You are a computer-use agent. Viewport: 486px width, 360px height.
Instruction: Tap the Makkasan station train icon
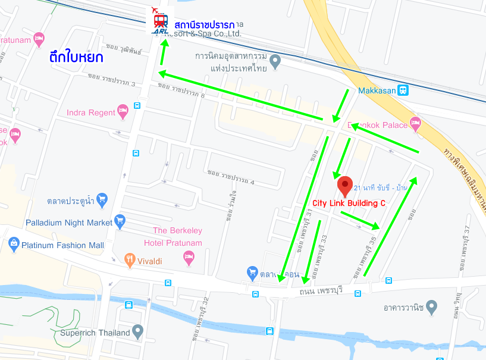[403, 90]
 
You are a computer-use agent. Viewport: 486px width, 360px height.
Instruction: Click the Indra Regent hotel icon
[123, 110]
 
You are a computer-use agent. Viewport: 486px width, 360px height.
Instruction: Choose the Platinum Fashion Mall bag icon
[14, 244]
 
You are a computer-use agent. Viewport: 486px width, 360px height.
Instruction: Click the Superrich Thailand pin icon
[138, 330]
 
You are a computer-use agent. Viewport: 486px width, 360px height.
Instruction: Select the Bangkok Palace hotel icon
[415, 124]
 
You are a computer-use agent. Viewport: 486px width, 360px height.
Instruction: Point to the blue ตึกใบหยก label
[77, 58]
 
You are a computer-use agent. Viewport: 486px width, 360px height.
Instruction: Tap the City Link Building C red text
[349, 203]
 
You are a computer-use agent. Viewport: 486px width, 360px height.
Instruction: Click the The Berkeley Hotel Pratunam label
[177, 236]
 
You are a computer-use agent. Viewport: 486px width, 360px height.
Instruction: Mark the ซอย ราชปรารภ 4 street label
[231, 177]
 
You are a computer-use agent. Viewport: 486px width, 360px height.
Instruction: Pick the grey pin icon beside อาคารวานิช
[432, 307]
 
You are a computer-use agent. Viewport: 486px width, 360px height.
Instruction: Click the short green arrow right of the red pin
[359, 220]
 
